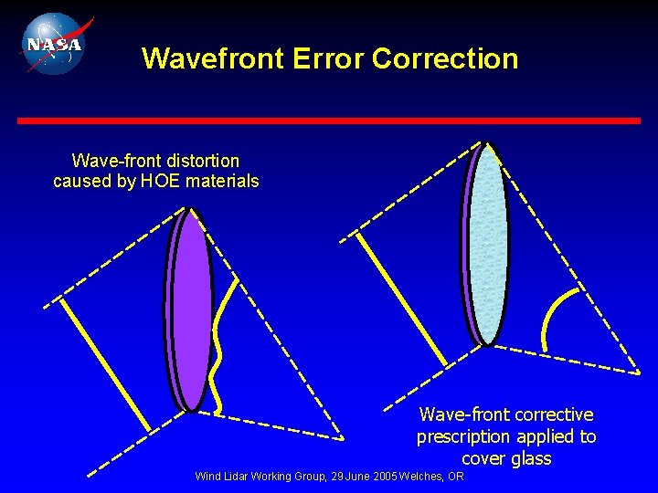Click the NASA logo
click(52, 43)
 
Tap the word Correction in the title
click(445, 58)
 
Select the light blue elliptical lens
click(488, 245)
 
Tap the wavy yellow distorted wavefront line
click(219, 347)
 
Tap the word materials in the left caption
click(222, 181)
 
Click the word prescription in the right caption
click(462, 436)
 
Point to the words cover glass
click(506, 458)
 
